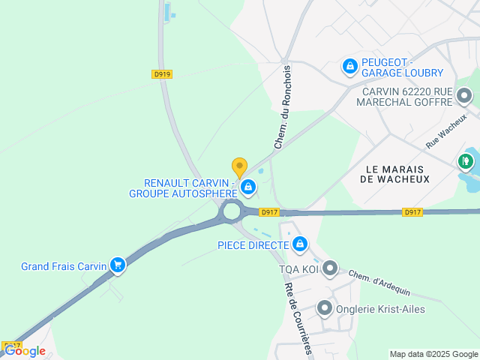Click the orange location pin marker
pyautogui.click(x=239, y=167)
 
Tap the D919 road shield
pyautogui.click(x=162, y=74)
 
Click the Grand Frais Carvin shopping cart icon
pyautogui.click(x=117, y=265)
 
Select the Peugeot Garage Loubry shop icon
pyautogui.click(x=349, y=67)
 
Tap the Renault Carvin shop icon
pyautogui.click(x=247, y=186)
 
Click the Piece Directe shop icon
pyautogui.click(x=300, y=244)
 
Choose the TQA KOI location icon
pyautogui.click(x=330, y=268)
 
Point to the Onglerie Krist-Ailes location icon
pyautogui.click(x=324, y=307)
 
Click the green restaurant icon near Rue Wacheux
pyautogui.click(x=466, y=160)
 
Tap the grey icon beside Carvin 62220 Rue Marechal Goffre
pyautogui.click(x=464, y=96)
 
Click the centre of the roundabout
pyautogui.click(x=232, y=211)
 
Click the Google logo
pyautogui.click(x=25, y=351)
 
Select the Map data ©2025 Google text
pyautogui.click(x=433, y=354)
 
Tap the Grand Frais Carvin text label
pyautogui.click(x=64, y=266)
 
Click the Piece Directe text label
pyautogui.click(x=253, y=245)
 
